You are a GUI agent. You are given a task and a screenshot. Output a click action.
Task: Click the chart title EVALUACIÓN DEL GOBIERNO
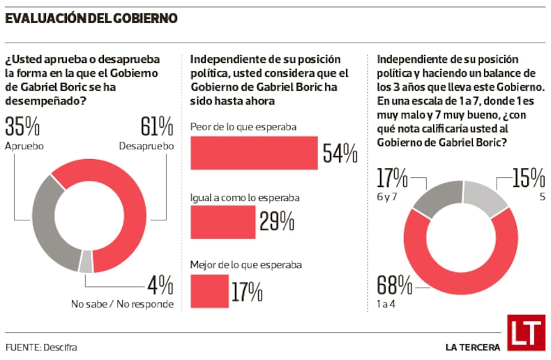91,17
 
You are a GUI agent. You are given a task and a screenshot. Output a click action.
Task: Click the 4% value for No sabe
160,285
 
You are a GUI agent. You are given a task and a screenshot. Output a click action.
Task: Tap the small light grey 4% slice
86,260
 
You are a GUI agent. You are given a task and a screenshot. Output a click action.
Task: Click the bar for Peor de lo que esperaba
254,153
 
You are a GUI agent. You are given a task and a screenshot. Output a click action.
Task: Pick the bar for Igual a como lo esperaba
222,222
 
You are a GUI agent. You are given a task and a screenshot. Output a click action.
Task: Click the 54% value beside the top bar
340,153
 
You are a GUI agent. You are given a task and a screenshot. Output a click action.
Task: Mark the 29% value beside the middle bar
277,222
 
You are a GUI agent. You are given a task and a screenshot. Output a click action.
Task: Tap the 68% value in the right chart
395,285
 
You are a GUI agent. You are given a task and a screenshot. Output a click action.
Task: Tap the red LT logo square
524,331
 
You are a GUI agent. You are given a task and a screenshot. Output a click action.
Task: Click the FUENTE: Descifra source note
41,347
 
